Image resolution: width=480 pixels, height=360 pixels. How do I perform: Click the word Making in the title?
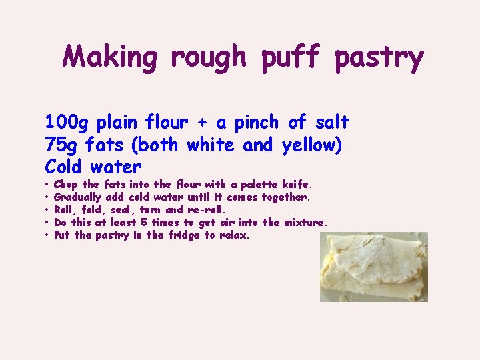pyautogui.click(x=110, y=57)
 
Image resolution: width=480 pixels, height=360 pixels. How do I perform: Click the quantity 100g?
pyautogui.click(x=68, y=123)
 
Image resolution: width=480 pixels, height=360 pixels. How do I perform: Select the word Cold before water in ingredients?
pyautogui.click(x=67, y=166)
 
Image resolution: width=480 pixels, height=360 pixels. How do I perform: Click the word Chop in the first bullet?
pyautogui.click(x=66, y=184)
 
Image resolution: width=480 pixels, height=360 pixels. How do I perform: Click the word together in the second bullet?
pyautogui.click(x=285, y=197)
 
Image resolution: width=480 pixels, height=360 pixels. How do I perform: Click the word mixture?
pyautogui.click(x=305, y=223)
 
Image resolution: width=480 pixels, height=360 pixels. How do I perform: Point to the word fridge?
pyautogui.click(x=184, y=235)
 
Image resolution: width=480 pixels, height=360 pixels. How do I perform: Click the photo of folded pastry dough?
pyautogui.click(x=373, y=267)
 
